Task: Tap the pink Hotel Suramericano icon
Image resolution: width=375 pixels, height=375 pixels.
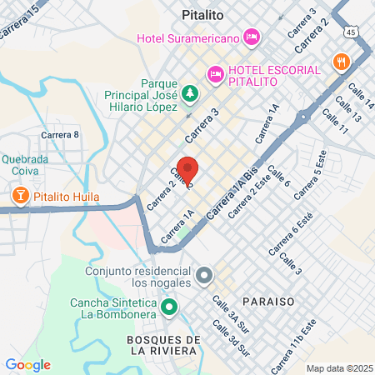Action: click(x=252, y=37)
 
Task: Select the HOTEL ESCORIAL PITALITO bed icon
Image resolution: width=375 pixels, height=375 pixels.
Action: click(x=216, y=74)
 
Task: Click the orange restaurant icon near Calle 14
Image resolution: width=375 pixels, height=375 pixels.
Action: click(x=341, y=62)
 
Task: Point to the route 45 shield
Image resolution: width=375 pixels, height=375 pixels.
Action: click(x=352, y=32)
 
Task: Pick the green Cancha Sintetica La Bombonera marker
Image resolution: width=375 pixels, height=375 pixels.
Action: click(x=169, y=307)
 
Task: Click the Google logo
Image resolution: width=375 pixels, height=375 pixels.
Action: click(x=27, y=365)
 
